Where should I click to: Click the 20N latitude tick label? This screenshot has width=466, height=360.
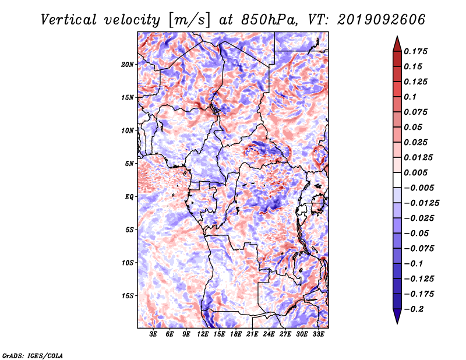click(128, 65)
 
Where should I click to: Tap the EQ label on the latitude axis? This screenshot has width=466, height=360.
click(129, 197)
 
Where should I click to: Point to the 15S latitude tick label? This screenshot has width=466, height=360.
click(128, 296)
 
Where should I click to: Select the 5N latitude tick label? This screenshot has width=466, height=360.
click(129, 164)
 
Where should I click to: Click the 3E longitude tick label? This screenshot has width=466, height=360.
click(153, 334)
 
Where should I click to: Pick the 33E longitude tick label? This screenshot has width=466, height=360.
click(318, 334)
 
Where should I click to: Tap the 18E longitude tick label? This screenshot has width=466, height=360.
click(236, 334)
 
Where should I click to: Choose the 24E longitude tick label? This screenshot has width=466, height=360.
click(269, 334)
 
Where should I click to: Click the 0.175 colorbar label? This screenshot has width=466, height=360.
click(415, 51)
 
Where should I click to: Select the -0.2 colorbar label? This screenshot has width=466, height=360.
click(414, 309)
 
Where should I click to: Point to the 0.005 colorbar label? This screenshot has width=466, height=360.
click(415, 172)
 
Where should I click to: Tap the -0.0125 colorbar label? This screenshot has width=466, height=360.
click(421, 203)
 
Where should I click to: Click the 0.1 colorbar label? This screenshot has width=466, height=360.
click(410, 97)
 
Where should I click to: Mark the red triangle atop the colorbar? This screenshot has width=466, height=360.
click(397, 44)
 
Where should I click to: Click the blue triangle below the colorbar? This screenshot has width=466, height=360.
click(397, 316)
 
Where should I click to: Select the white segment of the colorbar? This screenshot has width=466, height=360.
click(397, 180)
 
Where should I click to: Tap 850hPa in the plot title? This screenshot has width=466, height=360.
click(269, 20)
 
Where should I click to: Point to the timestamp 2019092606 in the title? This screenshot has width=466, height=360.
click(382, 20)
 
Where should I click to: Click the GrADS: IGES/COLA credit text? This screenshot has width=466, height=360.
click(33, 355)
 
